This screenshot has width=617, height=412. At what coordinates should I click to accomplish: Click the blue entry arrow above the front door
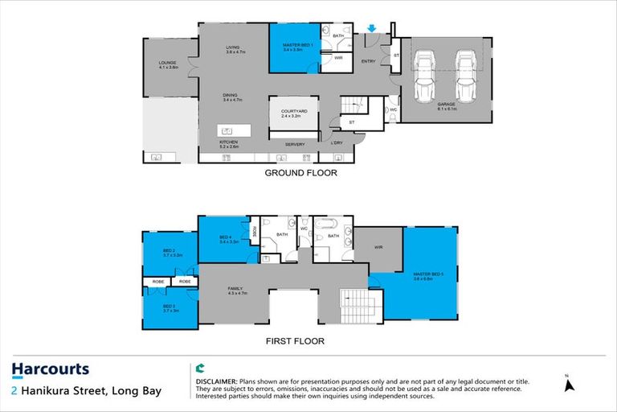click(x=370, y=30)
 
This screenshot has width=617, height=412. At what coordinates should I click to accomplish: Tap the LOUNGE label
click(x=167, y=63)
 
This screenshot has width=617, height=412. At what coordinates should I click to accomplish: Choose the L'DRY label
click(x=337, y=142)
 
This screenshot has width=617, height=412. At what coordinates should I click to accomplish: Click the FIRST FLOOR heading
click(x=295, y=341)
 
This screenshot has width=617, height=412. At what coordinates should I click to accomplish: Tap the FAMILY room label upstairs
click(x=235, y=288)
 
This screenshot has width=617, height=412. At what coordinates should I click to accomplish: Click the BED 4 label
click(x=226, y=237)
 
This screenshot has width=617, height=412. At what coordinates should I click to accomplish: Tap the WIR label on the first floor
click(x=378, y=247)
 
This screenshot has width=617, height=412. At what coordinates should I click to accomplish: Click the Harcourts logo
click(x=51, y=370)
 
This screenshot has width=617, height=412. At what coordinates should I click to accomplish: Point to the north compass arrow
click(x=570, y=385)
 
